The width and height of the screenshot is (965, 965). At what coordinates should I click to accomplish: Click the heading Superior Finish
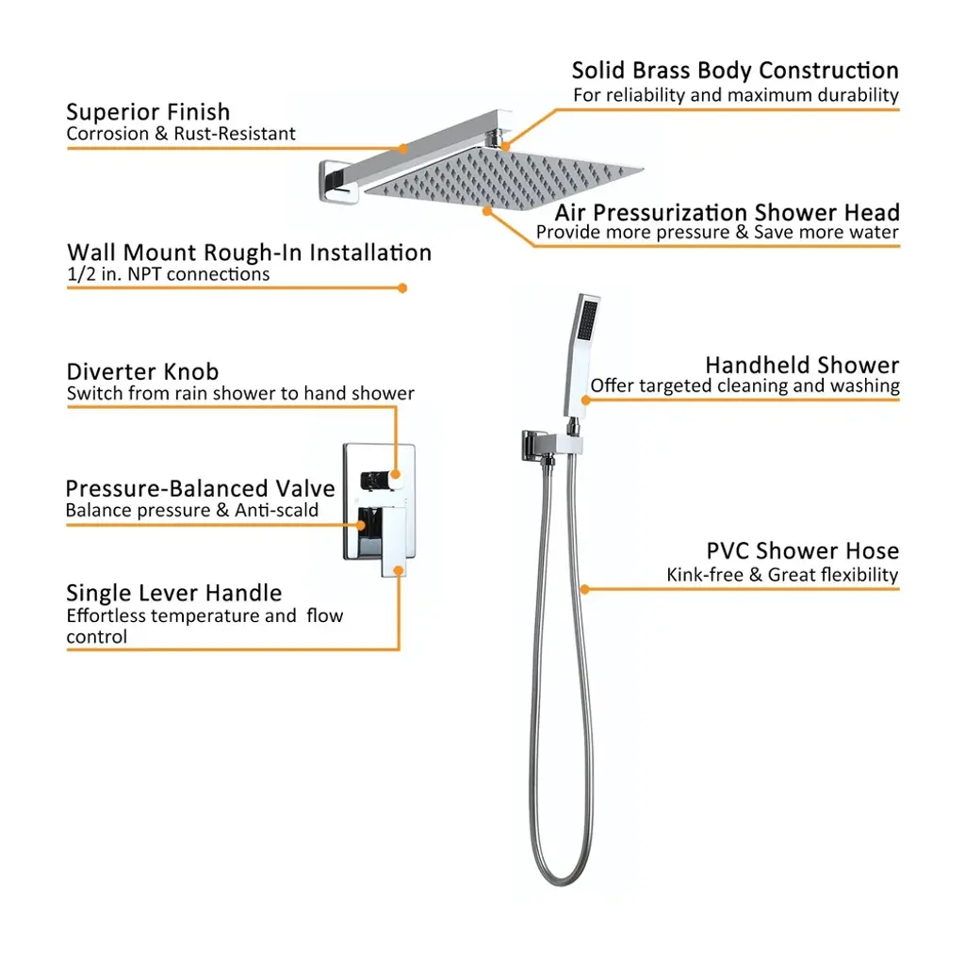click(148, 112)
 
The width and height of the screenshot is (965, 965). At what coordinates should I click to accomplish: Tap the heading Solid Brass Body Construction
click(735, 70)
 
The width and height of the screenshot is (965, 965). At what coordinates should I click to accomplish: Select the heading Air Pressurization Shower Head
click(727, 212)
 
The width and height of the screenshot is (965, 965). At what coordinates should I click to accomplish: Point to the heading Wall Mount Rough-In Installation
click(249, 253)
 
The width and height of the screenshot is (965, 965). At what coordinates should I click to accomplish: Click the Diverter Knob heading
click(142, 371)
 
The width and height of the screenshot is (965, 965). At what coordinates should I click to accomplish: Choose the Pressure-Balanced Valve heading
click(200, 489)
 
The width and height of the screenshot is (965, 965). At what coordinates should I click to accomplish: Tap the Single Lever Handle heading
click(173, 593)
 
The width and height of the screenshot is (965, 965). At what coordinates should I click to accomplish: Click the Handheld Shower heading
click(802, 365)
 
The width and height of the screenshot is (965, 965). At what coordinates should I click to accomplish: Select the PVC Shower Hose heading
click(803, 550)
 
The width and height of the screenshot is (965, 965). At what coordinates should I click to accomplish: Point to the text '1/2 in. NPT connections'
click(168, 274)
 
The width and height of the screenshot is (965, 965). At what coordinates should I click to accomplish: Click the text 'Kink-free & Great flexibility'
click(782, 575)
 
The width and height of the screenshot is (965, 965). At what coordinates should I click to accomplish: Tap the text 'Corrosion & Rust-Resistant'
click(181, 134)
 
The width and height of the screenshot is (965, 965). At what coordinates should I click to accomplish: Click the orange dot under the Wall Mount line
click(402, 288)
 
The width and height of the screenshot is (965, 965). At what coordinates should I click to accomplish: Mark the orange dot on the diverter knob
click(395, 474)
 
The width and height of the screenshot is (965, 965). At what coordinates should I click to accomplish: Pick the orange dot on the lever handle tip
click(399, 570)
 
